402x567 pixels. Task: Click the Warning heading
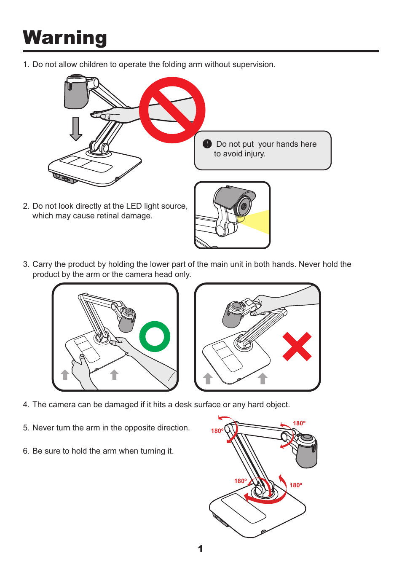pyautogui.click(x=65, y=38)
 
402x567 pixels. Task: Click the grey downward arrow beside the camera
pyautogui.click(x=76, y=129)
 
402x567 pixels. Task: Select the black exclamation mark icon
pyautogui.click(x=207, y=144)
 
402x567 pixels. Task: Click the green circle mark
pyautogui.click(x=155, y=336)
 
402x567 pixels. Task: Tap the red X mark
pyautogui.click(x=297, y=346)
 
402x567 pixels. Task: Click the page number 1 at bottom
pyautogui.click(x=200, y=549)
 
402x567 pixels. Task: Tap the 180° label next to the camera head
pyautogui.click(x=299, y=423)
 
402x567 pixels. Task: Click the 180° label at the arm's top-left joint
pyautogui.click(x=217, y=431)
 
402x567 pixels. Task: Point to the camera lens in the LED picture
pyautogui.click(x=244, y=206)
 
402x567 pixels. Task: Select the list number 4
pyautogui.click(x=26, y=405)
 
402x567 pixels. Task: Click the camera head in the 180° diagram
pyautogui.click(x=306, y=451)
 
